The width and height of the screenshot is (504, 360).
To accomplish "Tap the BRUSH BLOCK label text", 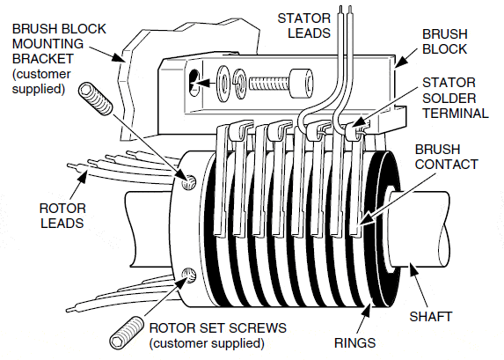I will click(x=445, y=40).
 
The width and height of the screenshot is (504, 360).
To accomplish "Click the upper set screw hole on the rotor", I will click(x=186, y=182).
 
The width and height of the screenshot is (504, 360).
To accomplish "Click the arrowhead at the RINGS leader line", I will click(x=365, y=305).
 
